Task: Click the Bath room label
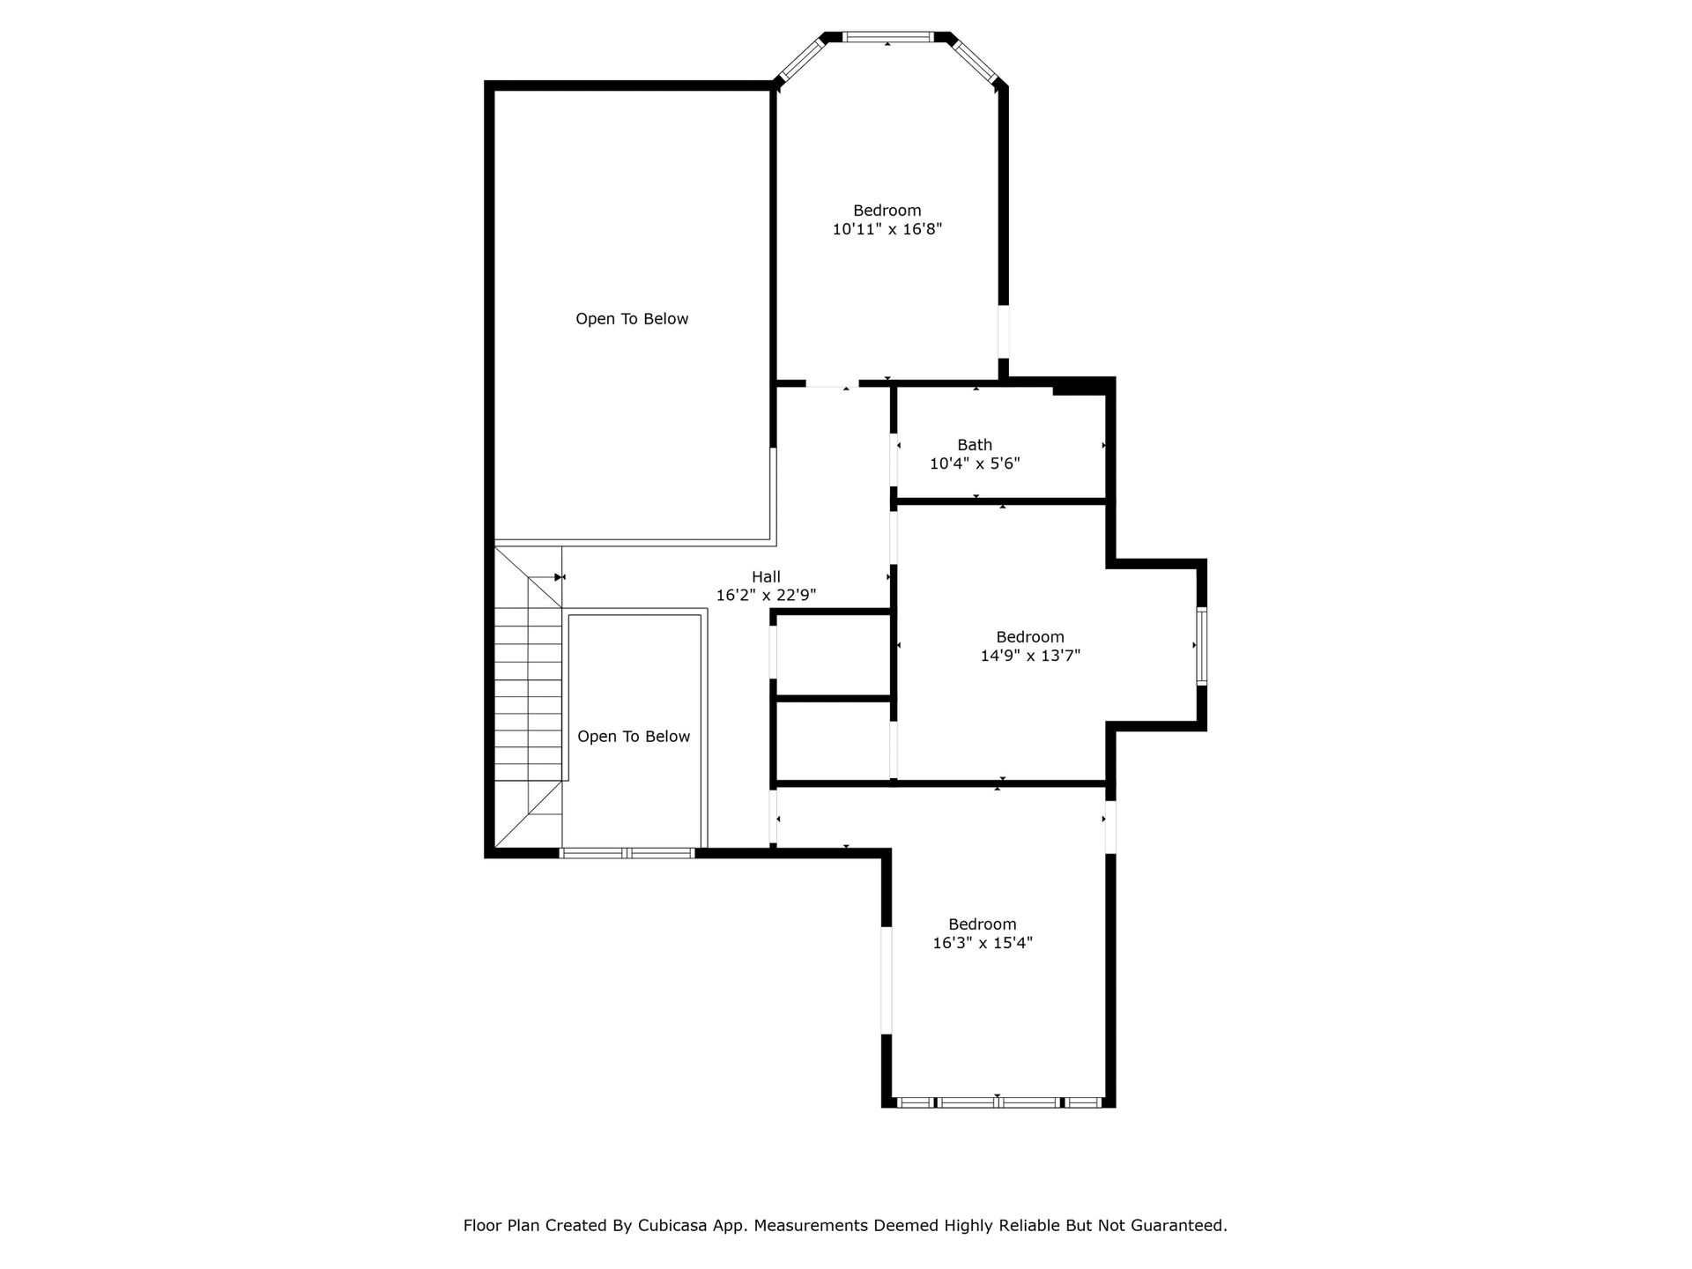tap(975, 445)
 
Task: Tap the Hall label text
tap(766, 577)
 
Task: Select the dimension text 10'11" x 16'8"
tap(887, 229)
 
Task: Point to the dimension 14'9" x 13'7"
tap(1030, 656)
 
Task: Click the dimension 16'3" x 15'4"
tap(983, 943)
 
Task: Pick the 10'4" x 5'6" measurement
tap(975, 464)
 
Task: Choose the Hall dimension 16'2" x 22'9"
tap(766, 596)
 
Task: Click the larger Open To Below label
tap(632, 319)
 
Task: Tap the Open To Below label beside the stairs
tap(634, 737)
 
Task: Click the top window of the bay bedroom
tap(887, 37)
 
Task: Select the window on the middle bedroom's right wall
tap(1201, 646)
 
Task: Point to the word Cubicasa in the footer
tap(676, 1225)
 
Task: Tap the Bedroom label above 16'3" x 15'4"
tap(983, 924)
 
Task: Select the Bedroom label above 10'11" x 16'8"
tap(887, 211)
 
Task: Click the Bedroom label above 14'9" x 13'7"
tap(1030, 637)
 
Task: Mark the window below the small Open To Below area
tap(627, 853)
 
